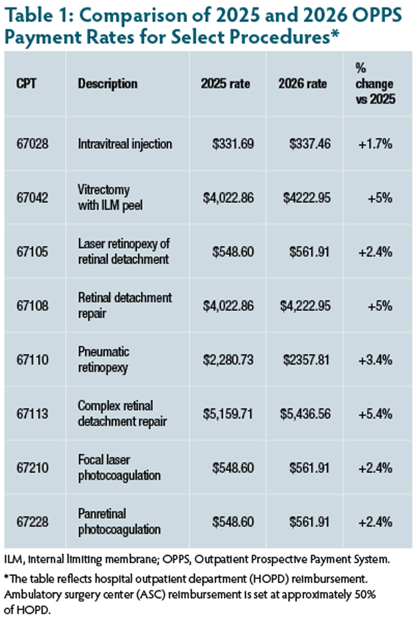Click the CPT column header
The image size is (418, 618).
pos(27,84)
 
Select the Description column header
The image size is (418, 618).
pos(108,84)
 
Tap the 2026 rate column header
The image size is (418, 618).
pos(303,84)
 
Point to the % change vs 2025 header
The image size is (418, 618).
pos(375,84)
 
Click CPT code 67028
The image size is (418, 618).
pos(33,144)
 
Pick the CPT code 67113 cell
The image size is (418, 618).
pos(33,414)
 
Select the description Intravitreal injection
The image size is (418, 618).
pos(125,144)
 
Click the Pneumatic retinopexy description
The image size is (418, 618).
pos(104,360)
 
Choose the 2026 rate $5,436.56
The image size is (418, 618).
pos(304,414)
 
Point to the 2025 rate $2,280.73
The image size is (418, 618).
pos(227,360)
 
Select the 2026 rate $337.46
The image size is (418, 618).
pos(310,144)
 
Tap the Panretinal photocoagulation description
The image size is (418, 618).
pos(119,522)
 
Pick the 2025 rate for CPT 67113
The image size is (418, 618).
pos(227,414)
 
